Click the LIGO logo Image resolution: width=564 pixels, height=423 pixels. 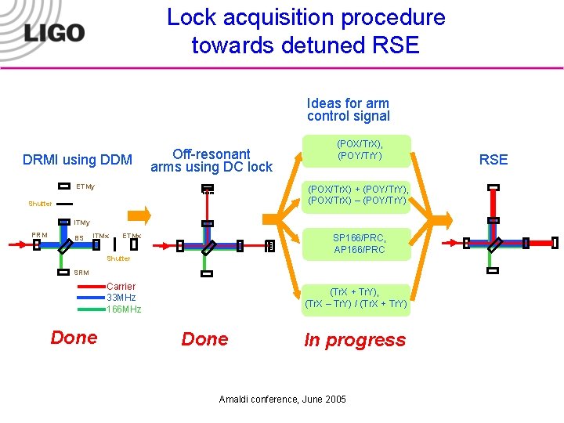pyautogui.click(x=54, y=32)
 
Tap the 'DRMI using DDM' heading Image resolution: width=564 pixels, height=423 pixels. pyautogui.click(x=78, y=160)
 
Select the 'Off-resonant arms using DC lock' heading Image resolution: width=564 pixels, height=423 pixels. pyautogui.click(x=211, y=161)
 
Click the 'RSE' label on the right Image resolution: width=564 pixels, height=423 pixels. pyautogui.click(x=493, y=160)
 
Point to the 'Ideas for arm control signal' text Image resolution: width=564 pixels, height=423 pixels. pyautogui.click(x=348, y=110)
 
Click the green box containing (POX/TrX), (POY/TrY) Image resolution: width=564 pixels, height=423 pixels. pyautogui.click(x=360, y=150)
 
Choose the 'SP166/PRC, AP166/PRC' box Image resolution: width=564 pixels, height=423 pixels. pyautogui.click(x=360, y=244)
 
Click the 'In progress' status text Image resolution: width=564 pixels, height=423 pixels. pyautogui.click(x=355, y=340)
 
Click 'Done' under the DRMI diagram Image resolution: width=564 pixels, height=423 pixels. pyautogui.click(x=74, y=338)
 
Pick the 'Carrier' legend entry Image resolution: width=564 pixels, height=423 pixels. pyautogui.click(x=121, y=287)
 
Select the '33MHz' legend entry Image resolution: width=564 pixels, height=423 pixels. pyautogui.click(x=121, y=298)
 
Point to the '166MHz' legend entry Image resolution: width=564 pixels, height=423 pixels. pyautogui.click(x=124, y=309)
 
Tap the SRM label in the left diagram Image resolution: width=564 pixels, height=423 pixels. pyautogui.click(x=81, y=273)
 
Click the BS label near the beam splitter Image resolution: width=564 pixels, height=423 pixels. pyautogui.click(x=79, y=238)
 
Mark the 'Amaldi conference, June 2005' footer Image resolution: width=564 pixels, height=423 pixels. pyautogui.click(x=283, y=399)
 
